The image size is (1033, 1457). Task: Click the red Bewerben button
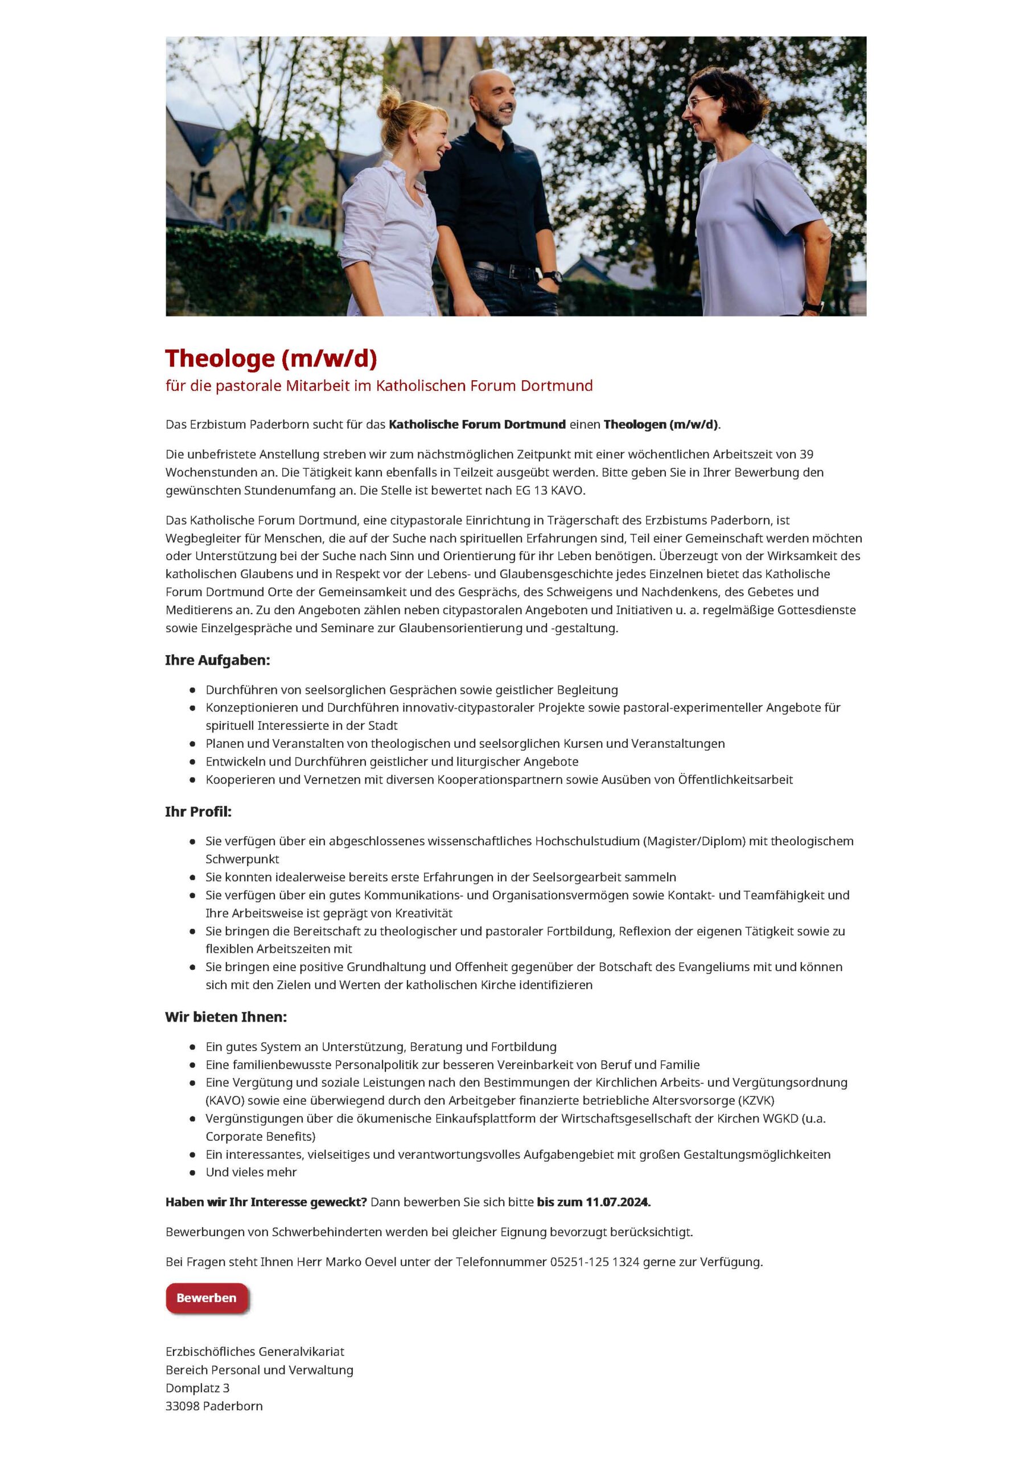click(206, 1298)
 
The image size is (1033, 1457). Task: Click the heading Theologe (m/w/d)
click(271, 359)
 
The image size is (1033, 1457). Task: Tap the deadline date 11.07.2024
click(617, 1202)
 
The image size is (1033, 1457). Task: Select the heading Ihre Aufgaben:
click(217, 660)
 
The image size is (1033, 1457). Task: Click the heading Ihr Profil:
click(199, 812)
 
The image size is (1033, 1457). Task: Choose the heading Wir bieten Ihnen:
click(226, 1017)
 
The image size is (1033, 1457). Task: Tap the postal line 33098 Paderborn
click(214, 1406)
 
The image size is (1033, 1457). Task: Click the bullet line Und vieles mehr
click(250, 1172)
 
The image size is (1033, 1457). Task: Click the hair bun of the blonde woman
click(388, 105)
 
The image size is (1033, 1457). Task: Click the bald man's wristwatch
click(553, 277)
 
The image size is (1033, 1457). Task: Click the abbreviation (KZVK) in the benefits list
click(756, 1100)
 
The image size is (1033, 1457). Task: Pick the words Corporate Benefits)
click(260, 1137)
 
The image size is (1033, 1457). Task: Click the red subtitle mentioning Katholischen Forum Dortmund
click(378, 385)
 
